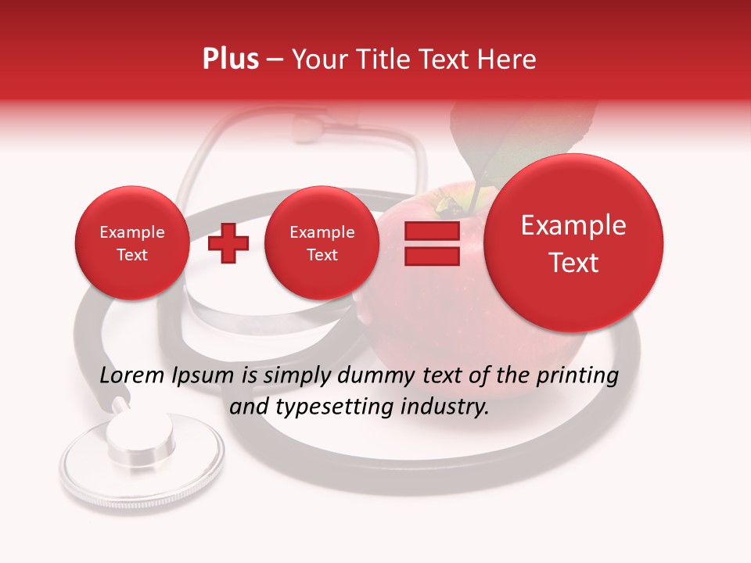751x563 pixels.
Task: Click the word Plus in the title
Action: click(230, 59)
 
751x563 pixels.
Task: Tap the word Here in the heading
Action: click(508, 59)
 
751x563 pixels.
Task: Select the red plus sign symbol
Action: click(228, 243)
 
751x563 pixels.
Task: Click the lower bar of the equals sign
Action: click(432, 256)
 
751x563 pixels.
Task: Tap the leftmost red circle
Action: click(131, 243)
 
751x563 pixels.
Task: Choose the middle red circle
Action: click(322, 243)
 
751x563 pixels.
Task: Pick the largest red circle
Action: click(573, 243)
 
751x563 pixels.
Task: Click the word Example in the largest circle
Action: click(573, 225)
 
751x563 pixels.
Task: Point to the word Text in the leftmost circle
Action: click(131, 255)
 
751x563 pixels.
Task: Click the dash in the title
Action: click(275, 60)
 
